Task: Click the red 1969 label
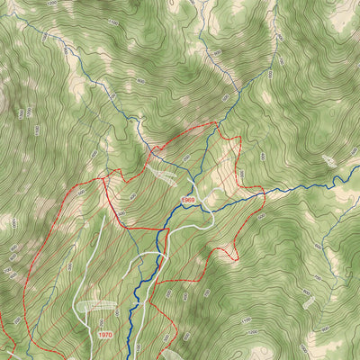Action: (188, 200)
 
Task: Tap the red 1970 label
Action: (106, 334)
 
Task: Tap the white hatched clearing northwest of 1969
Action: (166, 174)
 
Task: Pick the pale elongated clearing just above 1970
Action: (97, 307)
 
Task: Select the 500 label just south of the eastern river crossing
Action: (261, 216)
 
